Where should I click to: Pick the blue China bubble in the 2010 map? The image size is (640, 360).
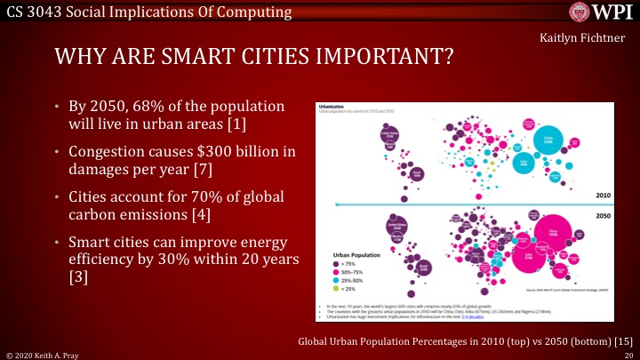tap(547, 139)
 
